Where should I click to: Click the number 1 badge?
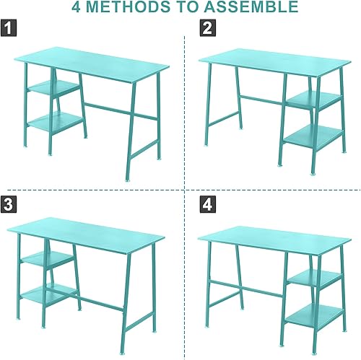(9, 29)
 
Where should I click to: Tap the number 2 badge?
(207, 29)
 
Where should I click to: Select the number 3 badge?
(9, 204)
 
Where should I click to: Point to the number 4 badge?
(207, 204)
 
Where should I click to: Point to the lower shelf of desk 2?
(312, 138)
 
